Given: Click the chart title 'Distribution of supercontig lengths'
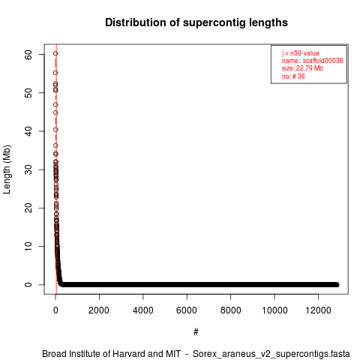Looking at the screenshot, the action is (196, 22).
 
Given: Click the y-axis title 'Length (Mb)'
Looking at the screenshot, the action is (7, 169).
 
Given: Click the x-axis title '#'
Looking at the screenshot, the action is (196, 331).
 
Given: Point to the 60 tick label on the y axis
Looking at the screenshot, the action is (28, 55).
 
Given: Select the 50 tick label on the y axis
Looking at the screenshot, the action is (28, 93).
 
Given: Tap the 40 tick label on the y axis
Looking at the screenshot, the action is (28, 131).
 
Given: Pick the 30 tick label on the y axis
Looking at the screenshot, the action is (28, 169).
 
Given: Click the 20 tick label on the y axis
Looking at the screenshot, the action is (28, 208).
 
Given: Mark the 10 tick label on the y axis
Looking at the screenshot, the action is (28, 247).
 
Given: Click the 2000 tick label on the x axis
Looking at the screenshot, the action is (99, 310).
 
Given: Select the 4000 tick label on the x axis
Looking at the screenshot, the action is (143, 310).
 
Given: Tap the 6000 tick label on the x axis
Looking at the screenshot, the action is (187, 310).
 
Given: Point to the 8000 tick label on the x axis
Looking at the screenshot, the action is (230, 310).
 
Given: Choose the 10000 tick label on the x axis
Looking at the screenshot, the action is (274, 310).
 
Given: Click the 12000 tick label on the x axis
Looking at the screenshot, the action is (318, 310).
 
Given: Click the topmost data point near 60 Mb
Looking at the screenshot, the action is (55, 53).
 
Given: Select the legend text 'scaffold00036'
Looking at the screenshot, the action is (322, 61).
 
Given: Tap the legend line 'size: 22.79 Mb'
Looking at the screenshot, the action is (302, 68).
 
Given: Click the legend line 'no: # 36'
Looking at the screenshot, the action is (293, 76).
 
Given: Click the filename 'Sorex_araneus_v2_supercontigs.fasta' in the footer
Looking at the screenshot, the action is (271, 354).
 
